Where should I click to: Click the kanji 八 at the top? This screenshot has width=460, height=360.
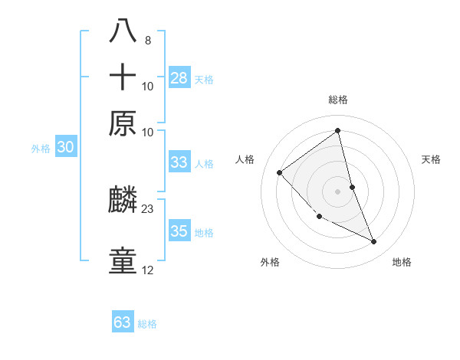(x=123, y=31)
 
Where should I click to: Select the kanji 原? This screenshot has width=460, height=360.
(x=123, y=123)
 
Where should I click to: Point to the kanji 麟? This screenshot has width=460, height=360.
(x=123, y=201)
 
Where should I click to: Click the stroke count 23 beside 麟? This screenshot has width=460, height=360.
(x=148, y=208)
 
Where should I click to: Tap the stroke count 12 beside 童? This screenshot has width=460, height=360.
(x=148, y=270)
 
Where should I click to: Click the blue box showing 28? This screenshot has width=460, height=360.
(x=179, y=77)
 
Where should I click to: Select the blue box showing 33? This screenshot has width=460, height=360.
(x=179, y=162)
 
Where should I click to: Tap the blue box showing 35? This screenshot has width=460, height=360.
(x=179, y=231)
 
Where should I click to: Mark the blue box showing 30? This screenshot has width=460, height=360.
(x=65, y=148)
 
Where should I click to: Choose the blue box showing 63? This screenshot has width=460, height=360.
(x=123, y=322)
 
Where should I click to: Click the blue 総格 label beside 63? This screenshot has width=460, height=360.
(x=147, y=324)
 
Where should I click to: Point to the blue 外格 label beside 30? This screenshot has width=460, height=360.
(x=41, y=149)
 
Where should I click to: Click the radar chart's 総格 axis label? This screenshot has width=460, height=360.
(x=338, y=100)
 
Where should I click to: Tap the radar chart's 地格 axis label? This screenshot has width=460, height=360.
(x=402, y=262)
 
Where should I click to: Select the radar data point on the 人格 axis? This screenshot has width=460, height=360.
(x=280, y=172)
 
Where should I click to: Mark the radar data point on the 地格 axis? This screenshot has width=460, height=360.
(x=374, y=242)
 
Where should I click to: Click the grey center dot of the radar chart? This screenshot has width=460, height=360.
(x=338, y=191)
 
